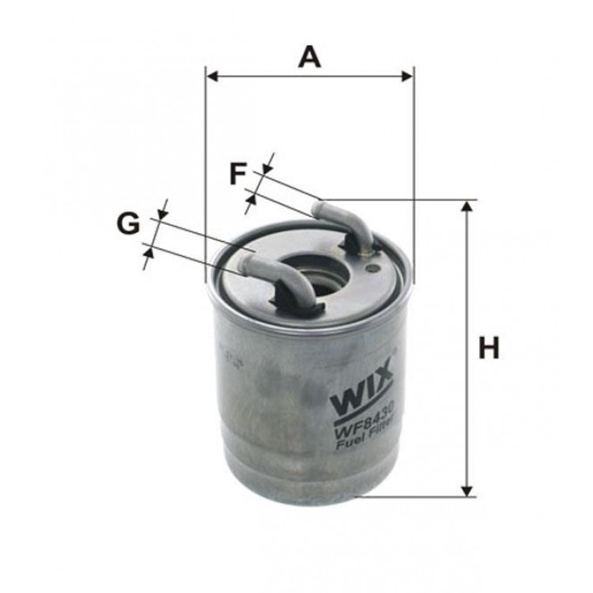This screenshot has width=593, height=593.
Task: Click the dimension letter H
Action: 489,347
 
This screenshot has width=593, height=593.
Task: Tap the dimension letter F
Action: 238,173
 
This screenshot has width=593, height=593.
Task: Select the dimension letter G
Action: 128,225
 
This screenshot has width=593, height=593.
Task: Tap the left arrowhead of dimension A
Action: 211,76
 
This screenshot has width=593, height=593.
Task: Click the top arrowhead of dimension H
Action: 467,206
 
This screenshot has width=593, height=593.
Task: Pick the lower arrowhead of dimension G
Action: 149,254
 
